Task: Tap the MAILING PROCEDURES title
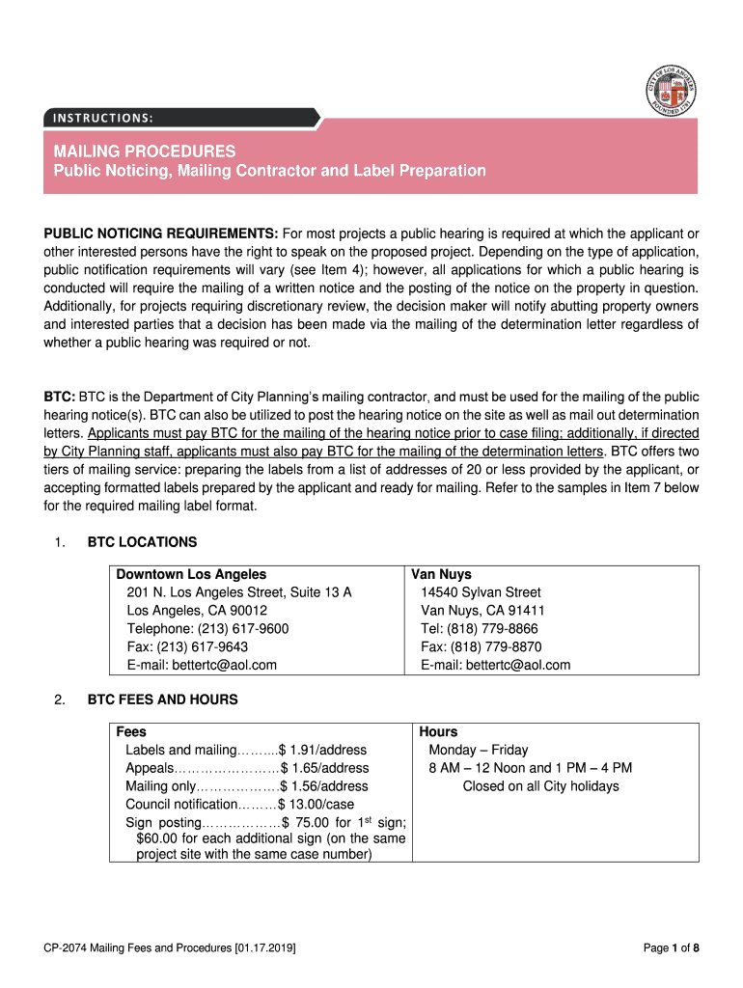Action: tap(144, 151)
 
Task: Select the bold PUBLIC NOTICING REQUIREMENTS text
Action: tap(161, 233)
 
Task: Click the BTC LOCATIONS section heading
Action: tap(142, 542)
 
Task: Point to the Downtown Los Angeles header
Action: tap(191, 574)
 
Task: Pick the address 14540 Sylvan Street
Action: tap(481, 592)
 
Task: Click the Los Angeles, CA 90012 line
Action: tap(197, 611)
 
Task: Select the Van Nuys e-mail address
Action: tap(520, 665)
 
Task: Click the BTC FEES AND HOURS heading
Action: tap(162, 700)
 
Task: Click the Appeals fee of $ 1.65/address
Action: tap(324, 768)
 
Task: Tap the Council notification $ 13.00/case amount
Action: tap(316, 805)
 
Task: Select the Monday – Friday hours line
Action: tap(479, 750)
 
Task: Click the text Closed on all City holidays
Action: tap(540, 786)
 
